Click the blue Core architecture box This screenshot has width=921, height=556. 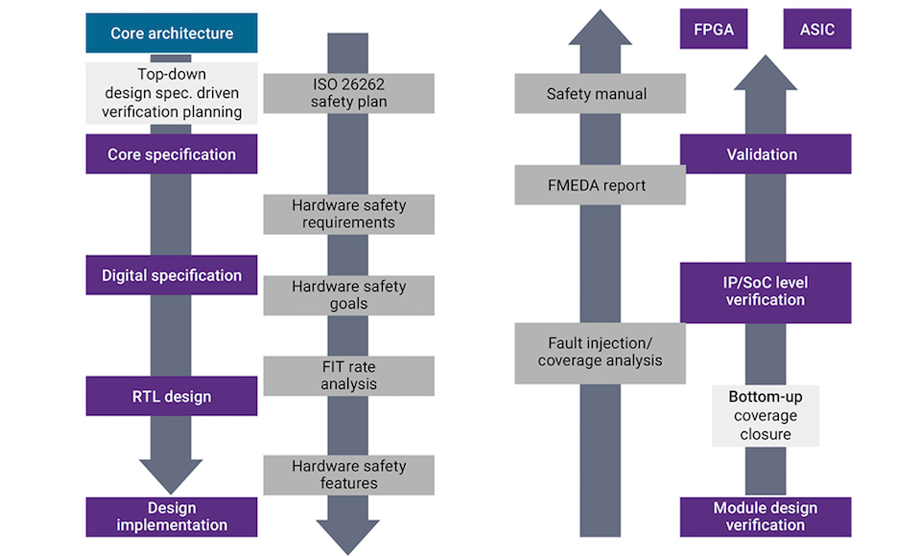[172, 33]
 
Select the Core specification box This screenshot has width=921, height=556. [172, 153]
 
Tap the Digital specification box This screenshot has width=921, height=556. [172, 275]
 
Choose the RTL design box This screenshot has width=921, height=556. [172, 396]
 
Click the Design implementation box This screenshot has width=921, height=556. [172, 517]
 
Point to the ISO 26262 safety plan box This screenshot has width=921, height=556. [349, 93]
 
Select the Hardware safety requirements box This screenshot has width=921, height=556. [349, 215]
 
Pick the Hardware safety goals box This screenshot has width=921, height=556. [349, 295]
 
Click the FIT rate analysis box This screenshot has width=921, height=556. [349, 376]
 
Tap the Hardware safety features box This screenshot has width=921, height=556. [349, 475]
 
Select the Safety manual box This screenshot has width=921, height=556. [601, 93]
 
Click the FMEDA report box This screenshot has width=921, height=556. [601, 185]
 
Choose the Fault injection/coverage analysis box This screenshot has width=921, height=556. [601, 354]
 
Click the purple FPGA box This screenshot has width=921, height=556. [714, 29]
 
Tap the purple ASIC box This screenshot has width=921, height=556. [817, 29]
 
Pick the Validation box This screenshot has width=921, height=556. [766, 153]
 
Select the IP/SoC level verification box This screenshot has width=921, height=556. [766, 292]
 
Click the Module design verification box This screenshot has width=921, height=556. [766, 517]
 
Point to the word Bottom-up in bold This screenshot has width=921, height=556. [766, 397]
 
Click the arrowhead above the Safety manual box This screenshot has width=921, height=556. [601, 30]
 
